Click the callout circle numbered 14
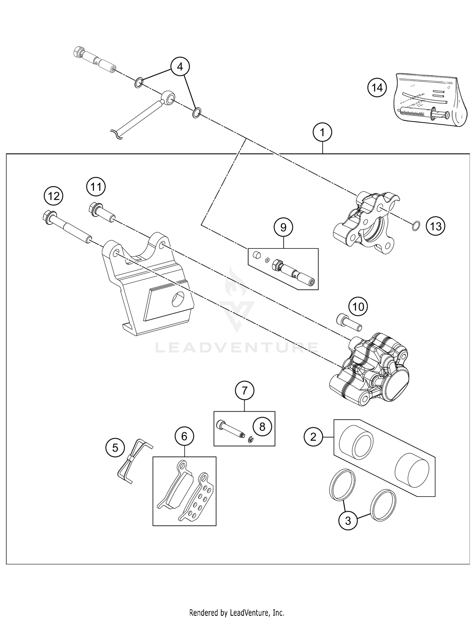(x=377, y=88)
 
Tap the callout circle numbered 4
(x=180, y=67)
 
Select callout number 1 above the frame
(x=322, y=133)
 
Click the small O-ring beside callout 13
(x=416, y=226)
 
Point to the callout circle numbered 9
(x=283, y=227)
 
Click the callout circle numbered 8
(x=262, y=427)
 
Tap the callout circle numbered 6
(x=184, y=436)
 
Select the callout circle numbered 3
(x=348, y=521)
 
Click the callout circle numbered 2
(x=313, y=437)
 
